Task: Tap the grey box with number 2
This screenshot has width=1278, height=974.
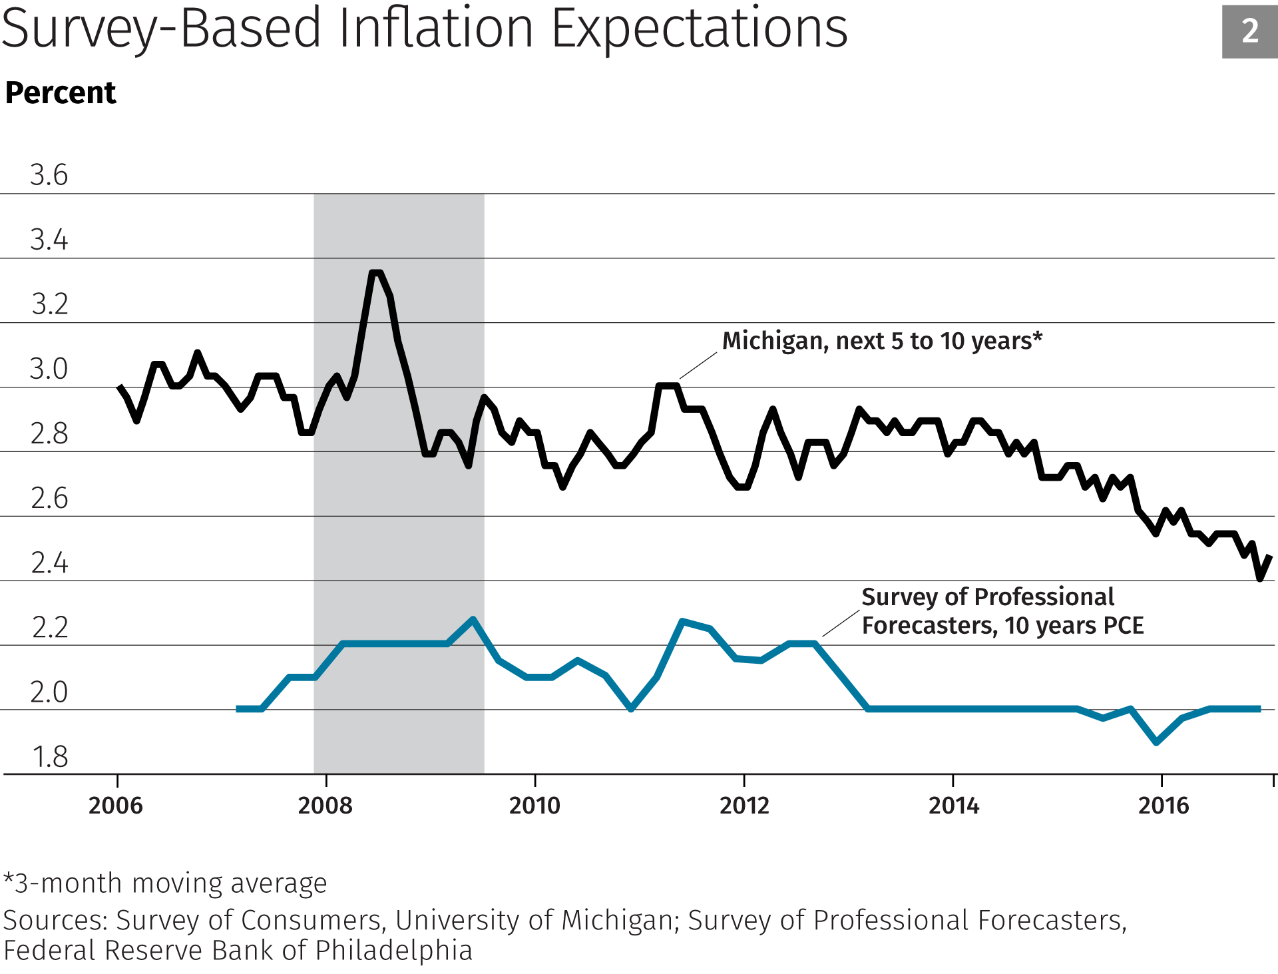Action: tap(1249, 31)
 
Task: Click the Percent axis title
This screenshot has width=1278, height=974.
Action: tap(61, 93)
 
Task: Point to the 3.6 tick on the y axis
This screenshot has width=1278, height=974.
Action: tap(49, 175)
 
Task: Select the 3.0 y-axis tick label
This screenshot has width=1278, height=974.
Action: tap(49, 369)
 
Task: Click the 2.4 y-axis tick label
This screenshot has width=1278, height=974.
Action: tap(49, 563)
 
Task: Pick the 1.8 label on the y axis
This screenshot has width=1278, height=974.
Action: tap(50, 757)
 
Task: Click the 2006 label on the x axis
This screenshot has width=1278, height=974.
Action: tap(116, 806)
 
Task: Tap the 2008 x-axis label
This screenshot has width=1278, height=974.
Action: tap(325, 806)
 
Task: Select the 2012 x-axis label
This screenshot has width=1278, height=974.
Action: tap(744, 806)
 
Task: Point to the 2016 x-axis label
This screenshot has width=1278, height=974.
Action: tap(1163, 806)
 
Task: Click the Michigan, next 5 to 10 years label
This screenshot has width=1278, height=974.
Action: tap(882, 341)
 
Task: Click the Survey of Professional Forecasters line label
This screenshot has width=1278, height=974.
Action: tap(1002, 611)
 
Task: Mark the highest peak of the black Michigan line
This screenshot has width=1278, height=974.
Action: tap(375, 272)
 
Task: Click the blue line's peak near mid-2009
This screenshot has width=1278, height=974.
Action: tap(473, 619)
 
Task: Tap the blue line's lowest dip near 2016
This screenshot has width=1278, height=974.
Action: tap(1157, 742)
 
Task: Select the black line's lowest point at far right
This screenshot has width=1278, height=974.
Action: tap(1260, 579)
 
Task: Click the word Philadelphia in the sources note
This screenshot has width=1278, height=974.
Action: tap(393, 951)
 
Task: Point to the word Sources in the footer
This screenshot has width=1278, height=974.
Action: tap(55, 920)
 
